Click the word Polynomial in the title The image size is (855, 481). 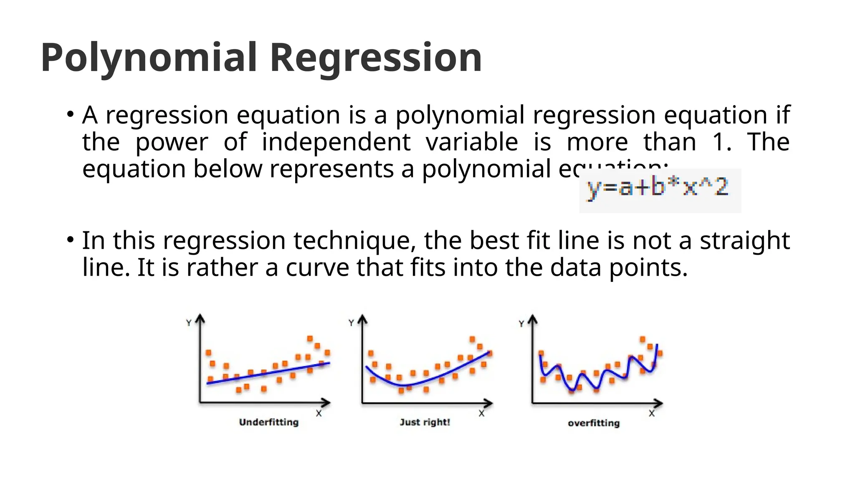tap(149, 58)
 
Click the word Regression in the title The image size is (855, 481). tap(376, 58)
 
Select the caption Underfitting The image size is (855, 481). tap(269, 422)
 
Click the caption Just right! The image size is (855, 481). tap(425, 422)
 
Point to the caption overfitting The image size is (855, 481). tap(594, 423)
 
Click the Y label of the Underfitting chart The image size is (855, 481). tap(189, 323)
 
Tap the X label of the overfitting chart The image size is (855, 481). tap(652, 413)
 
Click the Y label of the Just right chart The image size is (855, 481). tap(351, 323)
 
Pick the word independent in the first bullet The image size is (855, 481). tap(336, 142)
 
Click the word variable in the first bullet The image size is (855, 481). tap(472, 142)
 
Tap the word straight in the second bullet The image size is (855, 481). tap(744, 241)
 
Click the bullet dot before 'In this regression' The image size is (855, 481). tap(70, 240)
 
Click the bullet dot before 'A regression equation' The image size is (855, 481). tap(70, 114)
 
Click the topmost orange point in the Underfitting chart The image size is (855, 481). tap(310, 338)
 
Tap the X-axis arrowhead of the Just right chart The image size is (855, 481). tap(489, 403)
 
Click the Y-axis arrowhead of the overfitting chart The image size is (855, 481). tap(532, 319)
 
